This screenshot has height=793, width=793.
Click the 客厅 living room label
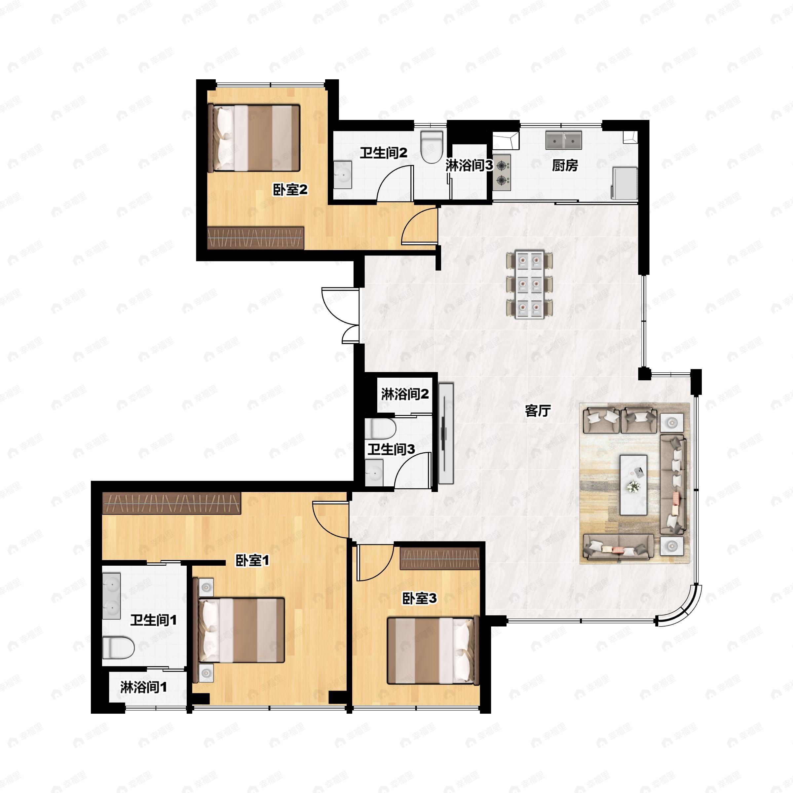[x=538, y=410]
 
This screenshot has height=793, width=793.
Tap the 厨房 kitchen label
[x=565, y=166]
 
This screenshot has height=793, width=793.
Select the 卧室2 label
[x=290, y=190]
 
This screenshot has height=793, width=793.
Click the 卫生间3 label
[x=391, y=449]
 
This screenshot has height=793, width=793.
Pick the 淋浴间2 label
[x=405, y=394]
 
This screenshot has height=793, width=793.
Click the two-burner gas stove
[x=502, y=173]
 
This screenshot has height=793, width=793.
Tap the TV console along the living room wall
[x=446, y=433]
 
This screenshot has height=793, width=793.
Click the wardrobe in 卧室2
[x=256, y=238]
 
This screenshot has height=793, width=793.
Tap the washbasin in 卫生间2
[x=342, y=175]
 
